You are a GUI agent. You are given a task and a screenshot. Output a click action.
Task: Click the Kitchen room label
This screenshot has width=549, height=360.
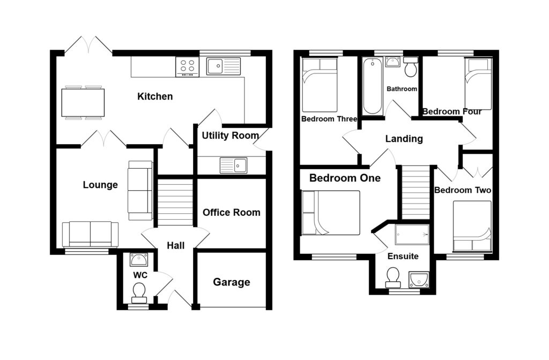pyautogui.click(x=155, y=96)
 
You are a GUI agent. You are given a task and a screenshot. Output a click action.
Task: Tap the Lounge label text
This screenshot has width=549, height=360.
pyautogui.click(x=100, y=185)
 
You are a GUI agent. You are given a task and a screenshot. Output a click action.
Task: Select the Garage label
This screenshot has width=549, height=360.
pyautogui.click(x=232, y=282)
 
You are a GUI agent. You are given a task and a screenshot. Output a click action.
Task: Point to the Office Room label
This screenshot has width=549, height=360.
pyautogui.click(x=232, y=212)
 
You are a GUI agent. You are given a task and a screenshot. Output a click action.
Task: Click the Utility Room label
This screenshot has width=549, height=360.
pyautogui.click(x=231, y=136)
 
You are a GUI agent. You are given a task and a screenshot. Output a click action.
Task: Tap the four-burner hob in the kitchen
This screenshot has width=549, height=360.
pyautogui.click(x=187, y=67)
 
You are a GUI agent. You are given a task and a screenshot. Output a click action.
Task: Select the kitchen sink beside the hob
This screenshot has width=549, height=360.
pyautogui.click(x=224, y=66)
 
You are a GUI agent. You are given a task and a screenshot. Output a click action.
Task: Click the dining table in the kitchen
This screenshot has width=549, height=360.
pyautogui.click(x=83, y=103)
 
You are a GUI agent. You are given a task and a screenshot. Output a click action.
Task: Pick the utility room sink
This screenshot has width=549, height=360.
pyautogui.click(x=234, y=165)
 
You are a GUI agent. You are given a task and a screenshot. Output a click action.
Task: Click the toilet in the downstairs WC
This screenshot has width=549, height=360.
pyautogui.click(x=139, y=292)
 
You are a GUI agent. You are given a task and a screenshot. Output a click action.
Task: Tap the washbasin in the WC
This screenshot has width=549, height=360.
pyautogui.click(x=139, y=260)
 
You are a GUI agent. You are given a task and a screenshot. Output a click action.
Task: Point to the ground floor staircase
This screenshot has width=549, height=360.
pyautogui.click(x=175, y=202)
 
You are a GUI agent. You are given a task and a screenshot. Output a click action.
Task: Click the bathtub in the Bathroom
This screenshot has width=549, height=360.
pyautogui.click(x=373, y=86)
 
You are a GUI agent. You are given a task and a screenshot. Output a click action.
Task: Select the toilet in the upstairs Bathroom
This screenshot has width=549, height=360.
pyautogui.click(x=411, y=66)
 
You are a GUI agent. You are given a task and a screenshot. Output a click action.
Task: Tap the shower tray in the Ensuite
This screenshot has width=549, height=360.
pyautogui.click(x=412, y=235)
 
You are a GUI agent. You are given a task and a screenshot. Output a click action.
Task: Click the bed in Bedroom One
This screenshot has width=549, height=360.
pyautogui.click(x=330, y=213)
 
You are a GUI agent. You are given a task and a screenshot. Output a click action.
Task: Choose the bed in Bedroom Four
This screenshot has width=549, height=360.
pyautogui.click(x=478, y=84)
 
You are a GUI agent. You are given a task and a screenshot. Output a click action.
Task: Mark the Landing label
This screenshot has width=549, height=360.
pyautogui.click(x=404, y=139)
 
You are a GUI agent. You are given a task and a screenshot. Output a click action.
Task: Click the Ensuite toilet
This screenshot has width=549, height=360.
pyautogui.click(x=393, y=277)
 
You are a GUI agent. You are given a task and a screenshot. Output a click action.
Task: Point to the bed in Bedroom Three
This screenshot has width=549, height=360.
pyautogui.click(x=320, y=85)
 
